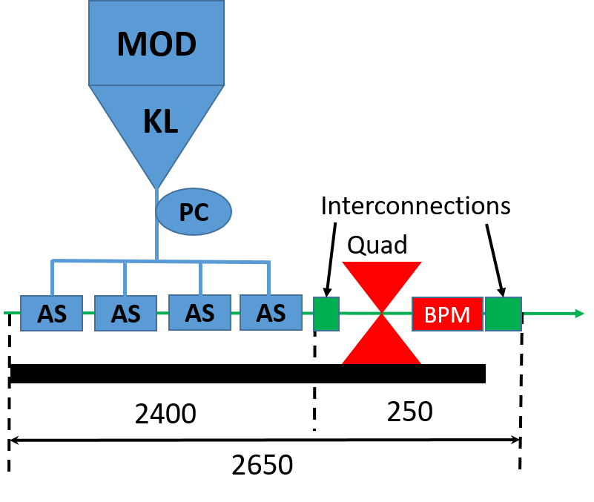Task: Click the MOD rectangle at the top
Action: point(156,43)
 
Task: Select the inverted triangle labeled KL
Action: point(156,122)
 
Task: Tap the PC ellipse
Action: point(194,212)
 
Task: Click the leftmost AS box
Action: point(51,313)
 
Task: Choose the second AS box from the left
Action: point(125,313)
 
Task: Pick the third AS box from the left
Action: point(199,312)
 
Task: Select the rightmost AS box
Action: point(271,312)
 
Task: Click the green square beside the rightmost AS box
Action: point(326,313)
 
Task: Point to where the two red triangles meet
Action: point(382,313)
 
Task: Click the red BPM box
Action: point(447,314)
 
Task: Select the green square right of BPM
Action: point(504,314)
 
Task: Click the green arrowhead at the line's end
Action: point(580,313)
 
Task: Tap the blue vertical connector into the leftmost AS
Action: point(52,278)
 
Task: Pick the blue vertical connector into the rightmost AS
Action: point(268,278)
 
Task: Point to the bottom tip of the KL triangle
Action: point(156,188)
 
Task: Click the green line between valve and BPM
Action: point(399,313)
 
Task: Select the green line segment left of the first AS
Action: point(11,313)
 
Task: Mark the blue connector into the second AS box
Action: point(125,279)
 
